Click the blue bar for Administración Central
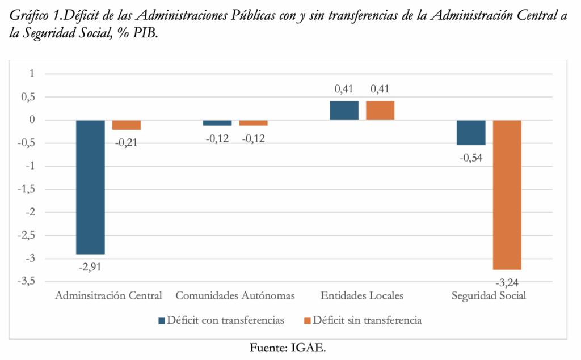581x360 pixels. [91, 187]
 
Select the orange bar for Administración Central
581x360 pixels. [126, 125]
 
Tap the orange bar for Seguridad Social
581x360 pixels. [507, 195]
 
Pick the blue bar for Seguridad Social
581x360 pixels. [471, 133]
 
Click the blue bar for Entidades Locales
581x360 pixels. [344, 111]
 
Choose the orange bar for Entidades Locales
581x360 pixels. [380, 111]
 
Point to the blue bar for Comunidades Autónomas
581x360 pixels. [217, 123]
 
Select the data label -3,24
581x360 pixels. [507, 280]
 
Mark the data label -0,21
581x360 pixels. [126, 142]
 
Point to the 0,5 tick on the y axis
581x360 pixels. [28, 97]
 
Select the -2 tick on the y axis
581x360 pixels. [30, 212]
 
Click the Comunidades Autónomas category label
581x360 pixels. [235, 296]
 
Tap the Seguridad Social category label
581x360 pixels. [489, 296]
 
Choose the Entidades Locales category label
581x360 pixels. [362, 296]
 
